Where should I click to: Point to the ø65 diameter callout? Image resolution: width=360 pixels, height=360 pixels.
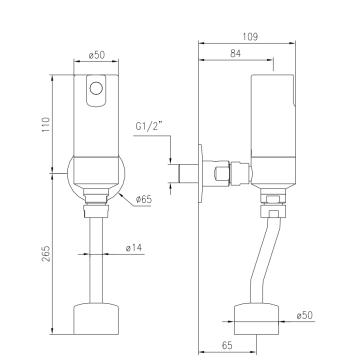[146, 199]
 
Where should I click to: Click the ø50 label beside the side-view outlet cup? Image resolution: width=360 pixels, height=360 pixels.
[307, 316]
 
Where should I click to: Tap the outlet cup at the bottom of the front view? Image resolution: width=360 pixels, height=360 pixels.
[97, 319]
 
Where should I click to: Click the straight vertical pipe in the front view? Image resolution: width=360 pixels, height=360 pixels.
[97, 255]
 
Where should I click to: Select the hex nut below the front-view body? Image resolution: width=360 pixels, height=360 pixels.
[97, 211]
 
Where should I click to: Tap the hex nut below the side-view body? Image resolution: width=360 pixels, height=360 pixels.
[272, 211]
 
